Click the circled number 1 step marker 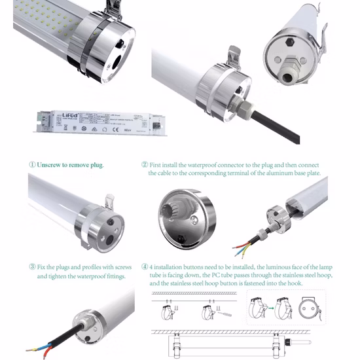click(x=32, y=164)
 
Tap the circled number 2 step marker click(x=145, y=164)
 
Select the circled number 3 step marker click(x=32, y=267)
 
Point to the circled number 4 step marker click(x=145, y=267)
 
